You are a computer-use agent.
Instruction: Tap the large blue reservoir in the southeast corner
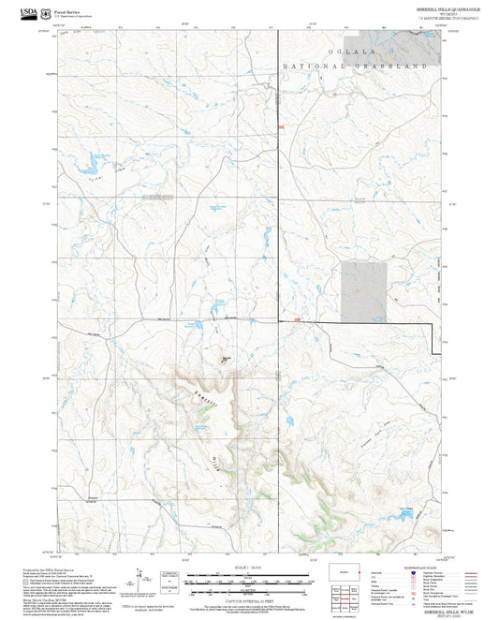tap(404, 513)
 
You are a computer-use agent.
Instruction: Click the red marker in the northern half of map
tap(279, 125)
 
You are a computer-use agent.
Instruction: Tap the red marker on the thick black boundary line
tap(297, 319)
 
